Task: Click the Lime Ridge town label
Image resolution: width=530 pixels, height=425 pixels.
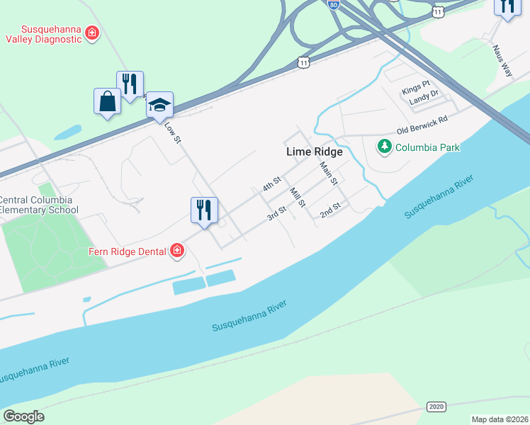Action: (314, 152)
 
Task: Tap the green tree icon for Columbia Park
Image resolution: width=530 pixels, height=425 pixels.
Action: (384, 147)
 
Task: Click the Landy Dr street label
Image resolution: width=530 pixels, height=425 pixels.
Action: (424, 102)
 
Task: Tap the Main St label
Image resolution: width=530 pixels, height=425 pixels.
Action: (327, 174)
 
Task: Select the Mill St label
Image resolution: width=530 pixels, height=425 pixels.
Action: (297, 197)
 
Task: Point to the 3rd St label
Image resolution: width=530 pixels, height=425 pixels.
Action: (276, 213)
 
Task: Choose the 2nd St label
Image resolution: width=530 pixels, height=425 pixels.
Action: (330, 210)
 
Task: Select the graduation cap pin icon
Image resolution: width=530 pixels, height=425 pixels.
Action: (160, 105)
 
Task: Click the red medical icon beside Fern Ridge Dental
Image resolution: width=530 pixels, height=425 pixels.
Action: (176, 251)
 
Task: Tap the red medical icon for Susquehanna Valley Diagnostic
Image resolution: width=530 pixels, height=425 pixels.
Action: (91, 33)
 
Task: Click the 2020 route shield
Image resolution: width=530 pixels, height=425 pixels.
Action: (436, 406)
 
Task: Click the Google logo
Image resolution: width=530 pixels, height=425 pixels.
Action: (23, 416)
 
